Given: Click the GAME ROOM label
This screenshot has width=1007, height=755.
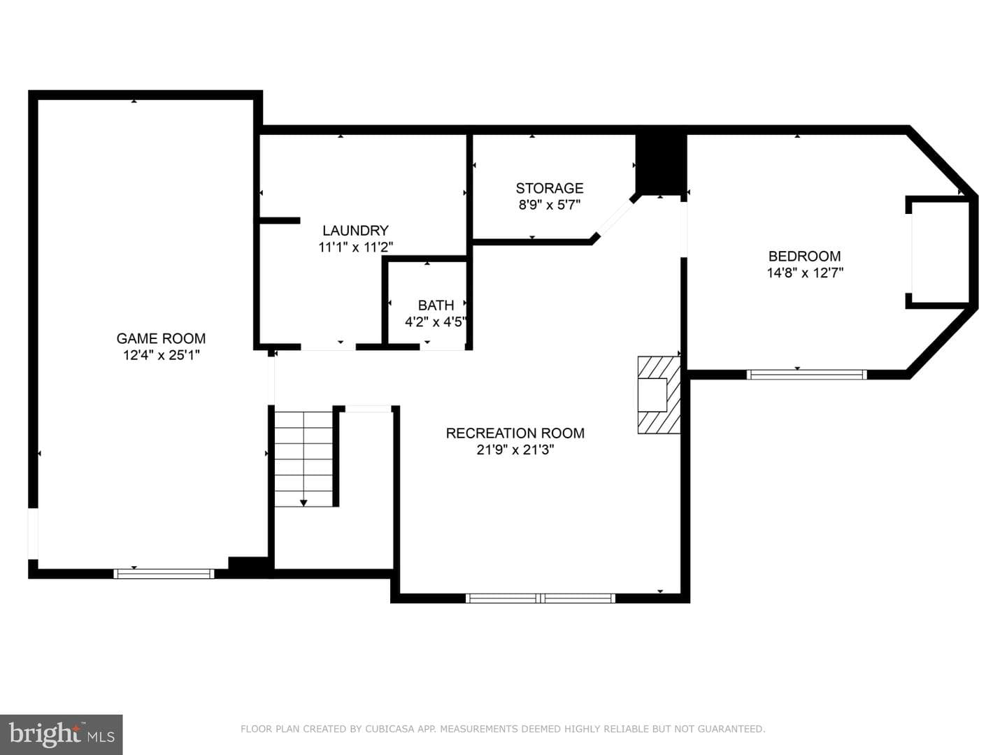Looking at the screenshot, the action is click(x=161, y=338).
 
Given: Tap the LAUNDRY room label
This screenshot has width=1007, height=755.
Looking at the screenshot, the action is click(x=355, y=230).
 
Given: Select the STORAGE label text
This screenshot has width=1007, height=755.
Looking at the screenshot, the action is click(x=550, y=188).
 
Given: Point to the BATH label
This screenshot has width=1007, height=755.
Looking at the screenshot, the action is click(x=436, y=305).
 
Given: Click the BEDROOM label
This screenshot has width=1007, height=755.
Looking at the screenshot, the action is click(x=805, y=256).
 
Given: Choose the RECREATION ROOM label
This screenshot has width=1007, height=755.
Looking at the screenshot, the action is click(x=515, y=433).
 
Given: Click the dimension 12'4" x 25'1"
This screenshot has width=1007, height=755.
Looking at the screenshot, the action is click(x=162, y=355).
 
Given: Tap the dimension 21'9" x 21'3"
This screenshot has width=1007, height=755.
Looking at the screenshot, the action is click(x=515, y=450).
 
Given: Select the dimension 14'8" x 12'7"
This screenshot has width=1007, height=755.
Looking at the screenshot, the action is click(x=805, y=273).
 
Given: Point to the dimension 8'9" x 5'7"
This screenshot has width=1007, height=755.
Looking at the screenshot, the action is click(x=550, y=204).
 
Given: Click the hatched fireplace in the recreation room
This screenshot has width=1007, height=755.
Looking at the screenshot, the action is click(x=659, y=395).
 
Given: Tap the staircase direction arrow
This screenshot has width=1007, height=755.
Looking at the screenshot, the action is click(x=303, y=503).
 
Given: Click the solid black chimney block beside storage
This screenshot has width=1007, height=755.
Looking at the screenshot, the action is click(x=661, y=164).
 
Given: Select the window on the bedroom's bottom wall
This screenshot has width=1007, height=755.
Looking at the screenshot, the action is click(x=806, y=375).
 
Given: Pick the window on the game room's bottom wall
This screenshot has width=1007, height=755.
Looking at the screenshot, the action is click(x=164, y=573).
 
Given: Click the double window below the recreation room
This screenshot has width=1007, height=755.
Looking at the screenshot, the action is click(x=541, y=598).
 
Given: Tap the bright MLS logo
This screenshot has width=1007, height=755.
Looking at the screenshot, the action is click(x=61, y=734).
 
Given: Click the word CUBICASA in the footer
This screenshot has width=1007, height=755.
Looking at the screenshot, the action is click(x=390, y=728).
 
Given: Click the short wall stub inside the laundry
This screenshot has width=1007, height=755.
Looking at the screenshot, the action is click(x=280, y=220).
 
